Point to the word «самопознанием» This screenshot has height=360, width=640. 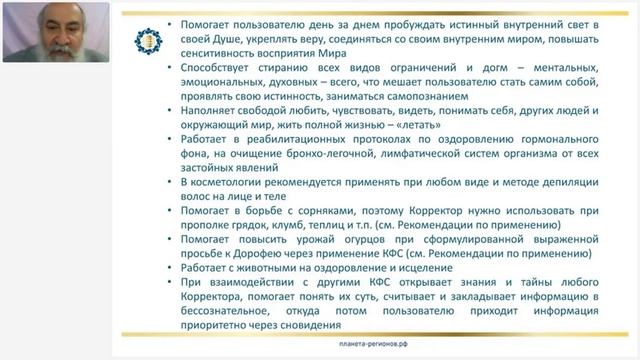point(452,115)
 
